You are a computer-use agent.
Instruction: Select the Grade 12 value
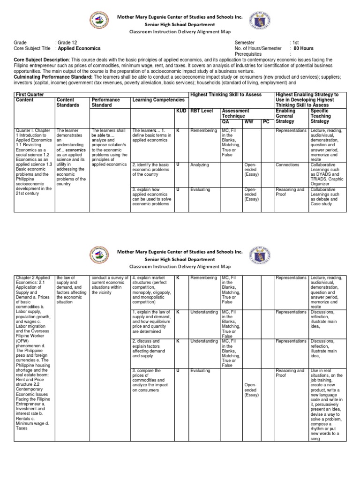[68, 42]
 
